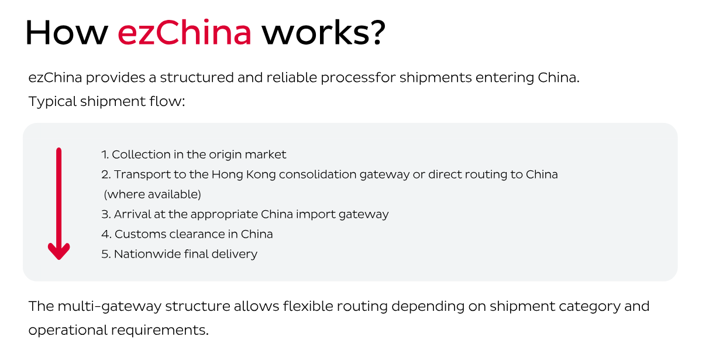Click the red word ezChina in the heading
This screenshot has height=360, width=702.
[184, 33]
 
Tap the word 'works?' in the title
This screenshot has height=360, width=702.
[324, 34]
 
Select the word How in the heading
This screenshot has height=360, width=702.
[66, 33]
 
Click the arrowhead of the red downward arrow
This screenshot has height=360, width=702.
[58, 251]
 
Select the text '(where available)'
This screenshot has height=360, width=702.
[152, 194]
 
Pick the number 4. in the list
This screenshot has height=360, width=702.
[106, 234]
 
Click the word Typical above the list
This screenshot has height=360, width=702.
[53, 101]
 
